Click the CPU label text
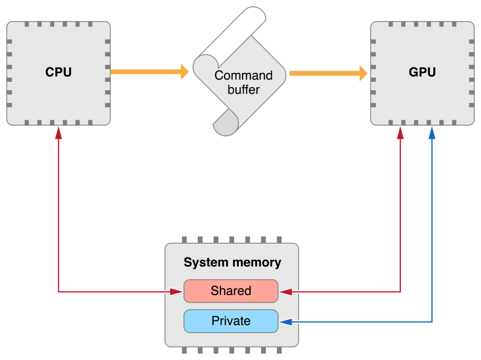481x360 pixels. pos(58,72)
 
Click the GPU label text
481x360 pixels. pos(422,72)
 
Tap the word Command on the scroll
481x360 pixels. pos(243,75)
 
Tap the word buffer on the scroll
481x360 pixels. pos(243,90)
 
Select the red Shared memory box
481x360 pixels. pos(230,291)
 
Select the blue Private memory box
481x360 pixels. pos(230,321)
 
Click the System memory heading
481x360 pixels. pos(232,262)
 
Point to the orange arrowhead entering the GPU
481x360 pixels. pos(363,73)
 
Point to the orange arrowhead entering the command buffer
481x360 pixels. pos(185,71)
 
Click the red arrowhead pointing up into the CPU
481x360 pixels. pos(59,134)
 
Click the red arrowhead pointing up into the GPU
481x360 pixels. pos(400,134)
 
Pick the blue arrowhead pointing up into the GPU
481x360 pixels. pos(432,134)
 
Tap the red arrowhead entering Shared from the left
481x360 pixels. pos(177,291)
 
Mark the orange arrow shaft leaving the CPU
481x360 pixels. pos(145,71)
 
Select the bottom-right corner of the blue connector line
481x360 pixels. pos(432,321)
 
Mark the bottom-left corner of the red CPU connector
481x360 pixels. pos(59,291)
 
